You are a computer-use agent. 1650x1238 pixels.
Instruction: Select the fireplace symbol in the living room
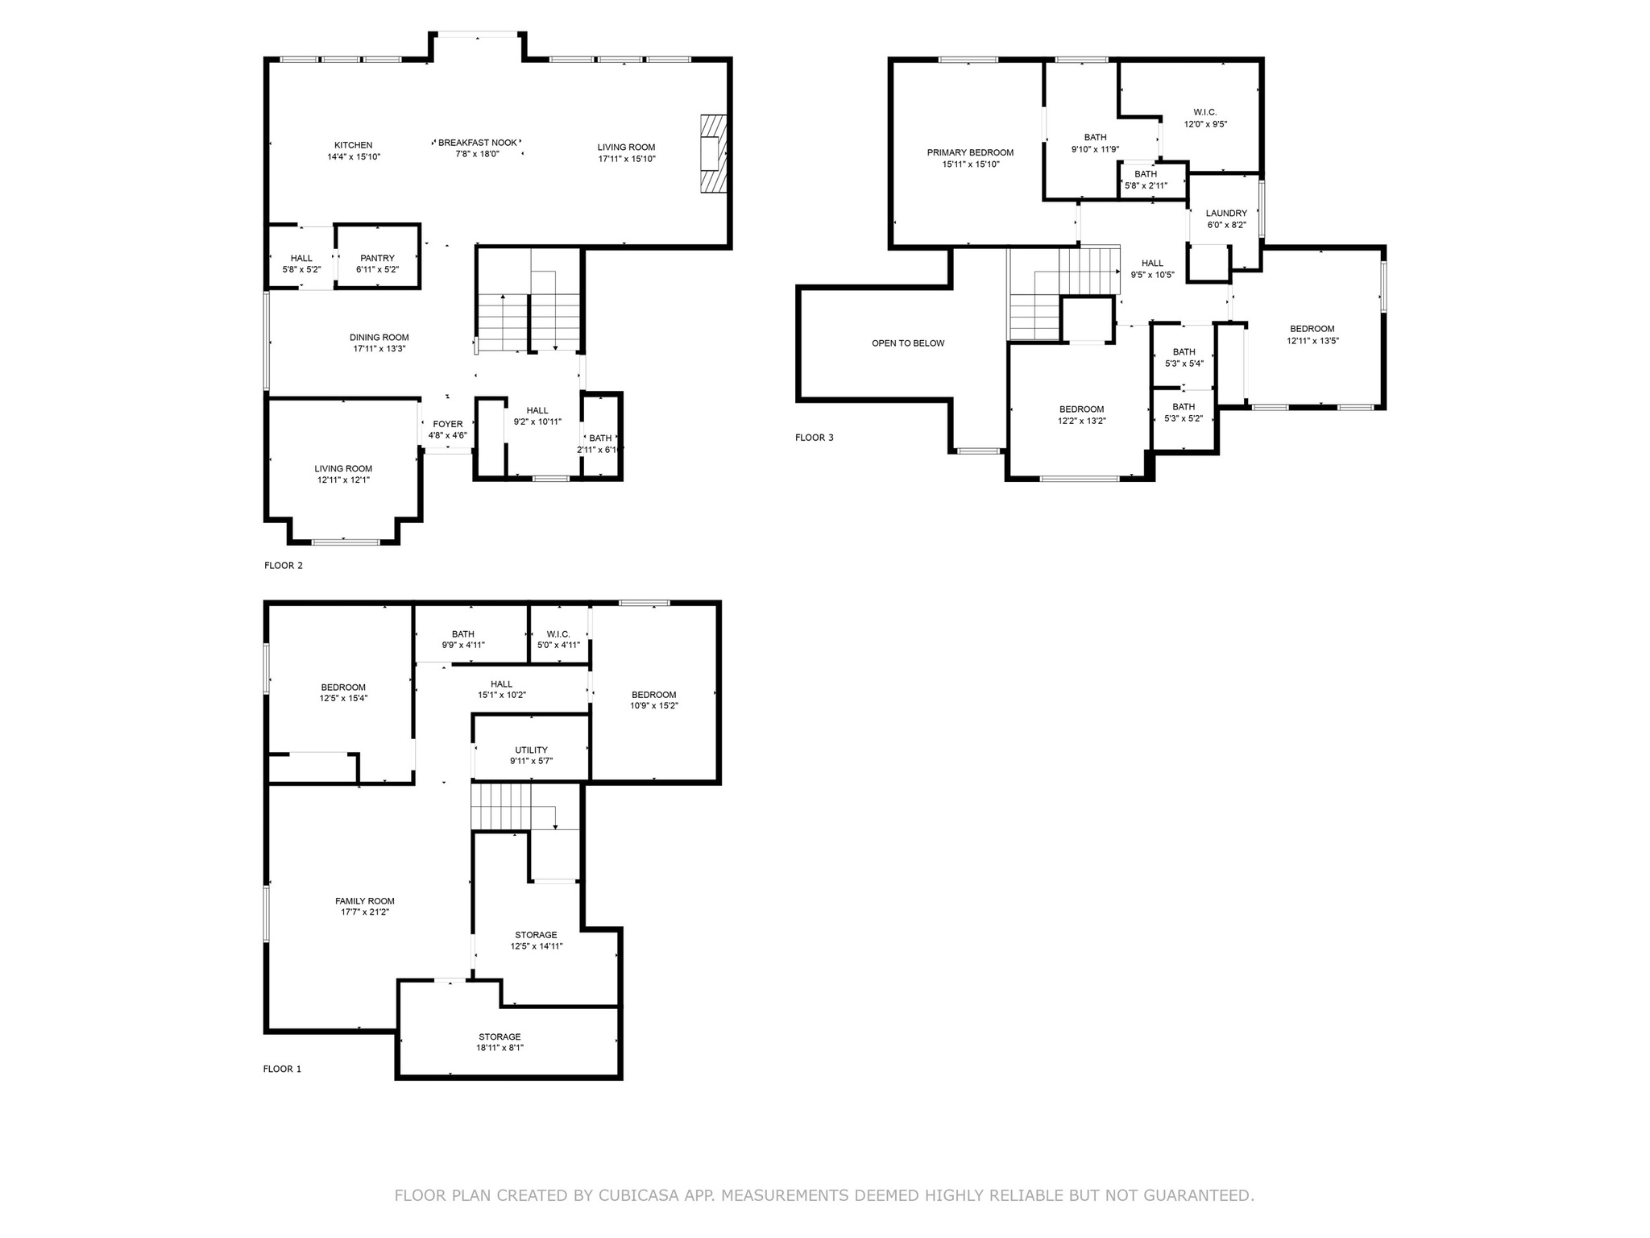712,154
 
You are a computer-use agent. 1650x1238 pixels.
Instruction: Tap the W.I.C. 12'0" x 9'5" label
1205,118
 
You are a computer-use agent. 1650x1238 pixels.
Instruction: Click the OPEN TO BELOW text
908,343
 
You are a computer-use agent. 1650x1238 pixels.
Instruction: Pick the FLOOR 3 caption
815,438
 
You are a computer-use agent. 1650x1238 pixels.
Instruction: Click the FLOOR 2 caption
284,566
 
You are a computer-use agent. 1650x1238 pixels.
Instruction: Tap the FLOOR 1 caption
282,1070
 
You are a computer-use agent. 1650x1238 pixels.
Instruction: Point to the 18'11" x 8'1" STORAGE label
500,1042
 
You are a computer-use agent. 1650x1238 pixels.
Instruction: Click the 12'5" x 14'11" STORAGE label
537,941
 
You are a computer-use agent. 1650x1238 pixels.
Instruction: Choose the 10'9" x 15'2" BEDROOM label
654,700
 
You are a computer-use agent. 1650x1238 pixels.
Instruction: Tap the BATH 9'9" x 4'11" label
463,639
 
